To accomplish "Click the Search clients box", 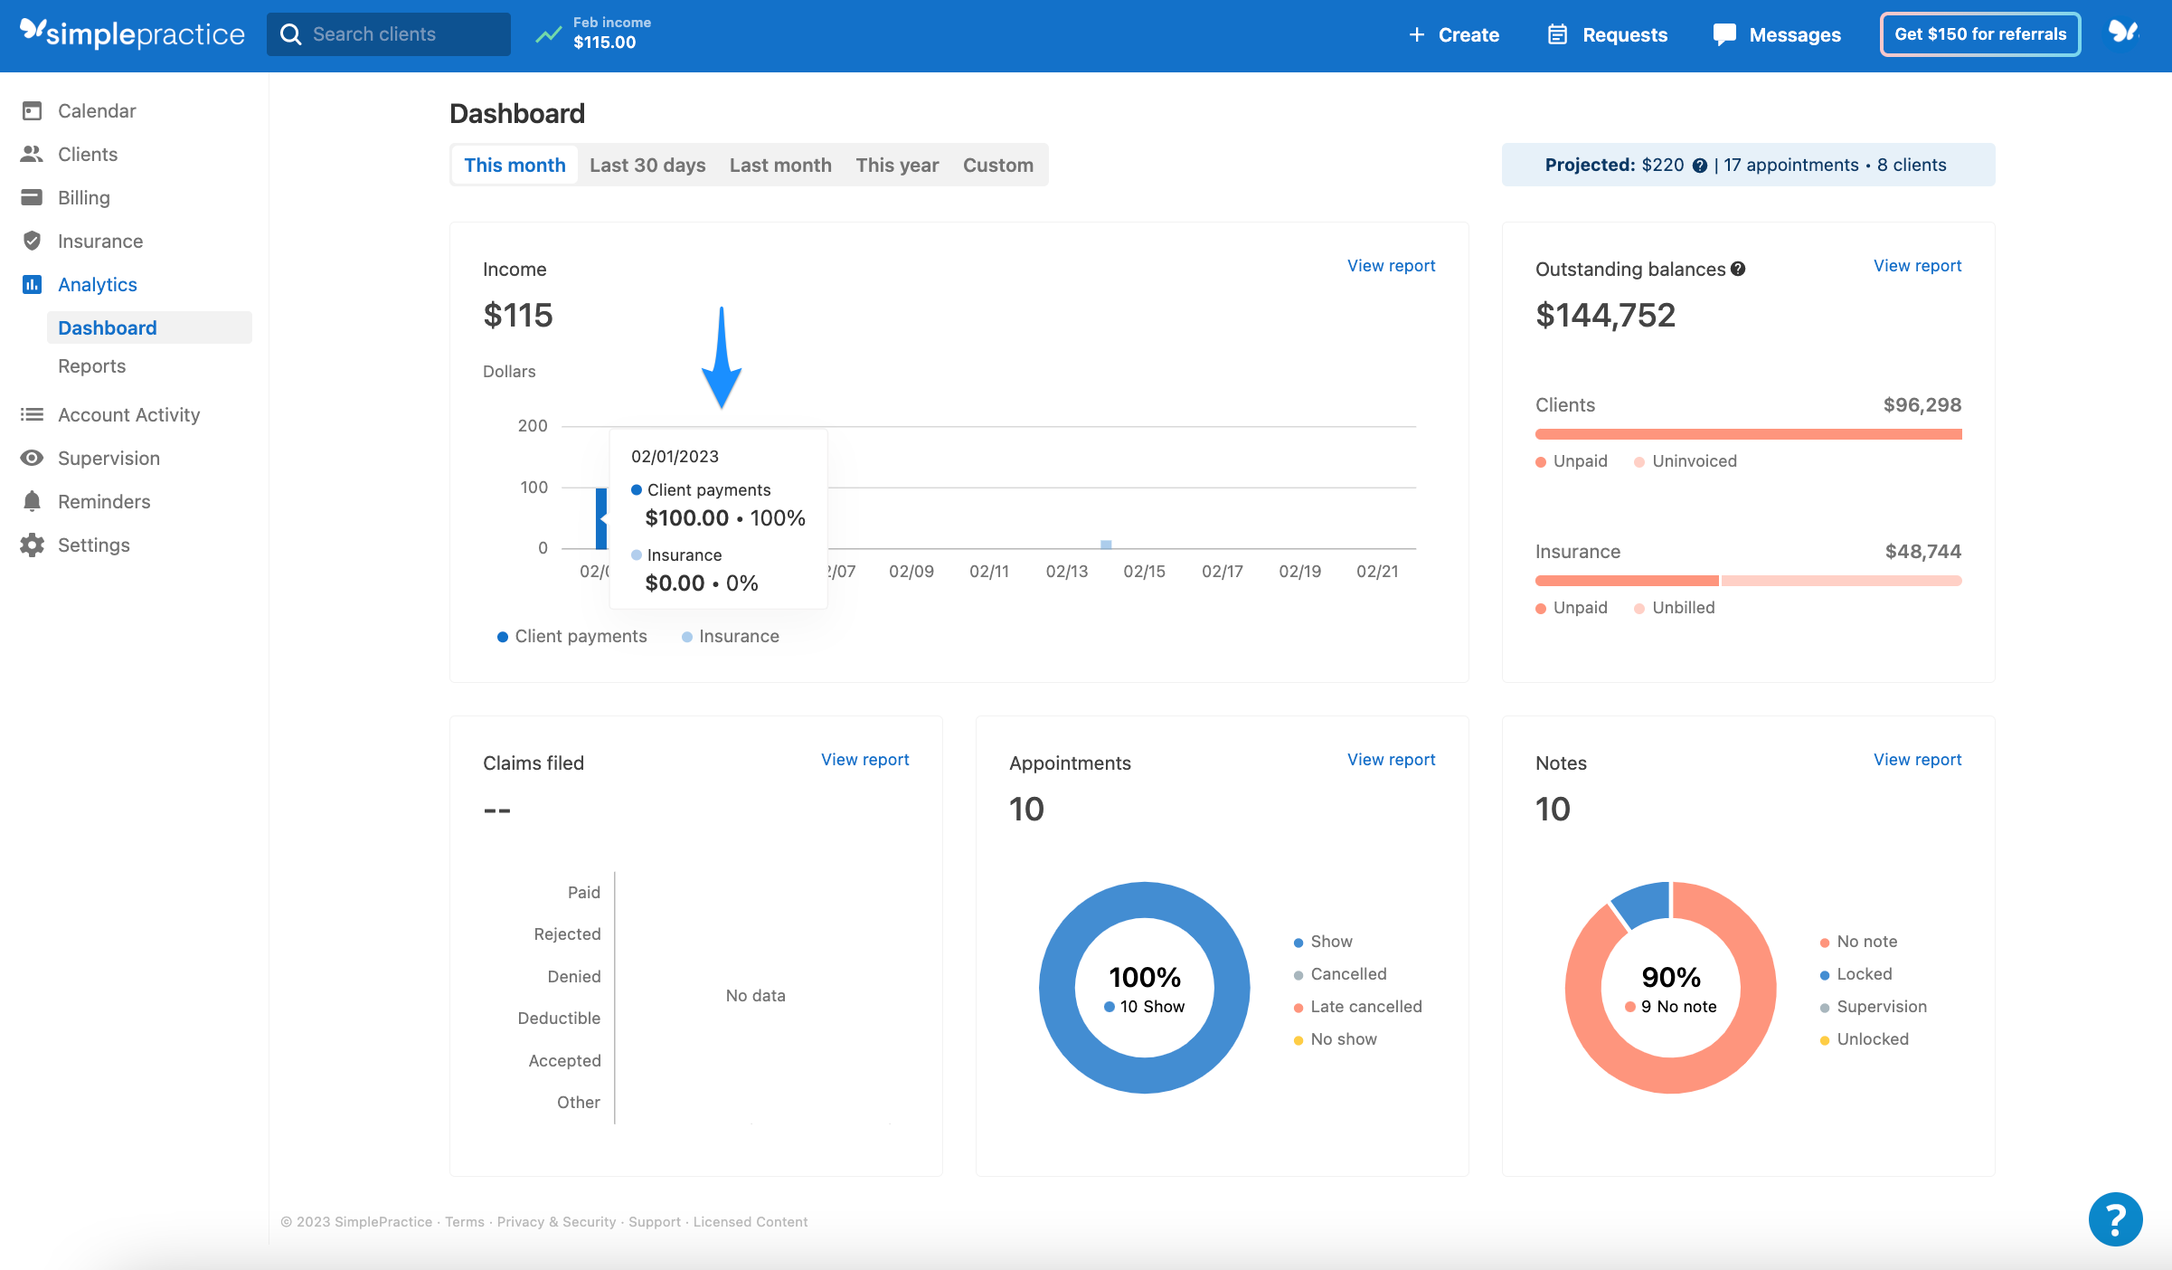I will pos(389,34).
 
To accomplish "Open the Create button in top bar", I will pos(1454,34).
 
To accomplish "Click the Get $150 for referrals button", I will pos(1979,34).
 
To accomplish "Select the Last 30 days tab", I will pos(647,165).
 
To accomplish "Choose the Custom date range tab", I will pos(997,165).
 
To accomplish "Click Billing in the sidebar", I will pos(83,197).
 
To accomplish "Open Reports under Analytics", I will pos(91,365).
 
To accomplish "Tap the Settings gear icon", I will pos(32,545).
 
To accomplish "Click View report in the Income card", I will pos(1391,265).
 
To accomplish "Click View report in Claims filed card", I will pos(864,759).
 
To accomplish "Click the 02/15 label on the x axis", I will pos(1144,571).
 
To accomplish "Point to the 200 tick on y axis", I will pos(533,425).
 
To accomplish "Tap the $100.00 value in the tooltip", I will pos(686,517).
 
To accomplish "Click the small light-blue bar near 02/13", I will pos(1106,545).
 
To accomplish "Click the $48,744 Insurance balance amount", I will pos(1922,551).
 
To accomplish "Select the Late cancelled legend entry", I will pos(1365,1006).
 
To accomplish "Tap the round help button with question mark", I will pos(2115,1218).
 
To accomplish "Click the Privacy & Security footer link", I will pos(556,1221).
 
